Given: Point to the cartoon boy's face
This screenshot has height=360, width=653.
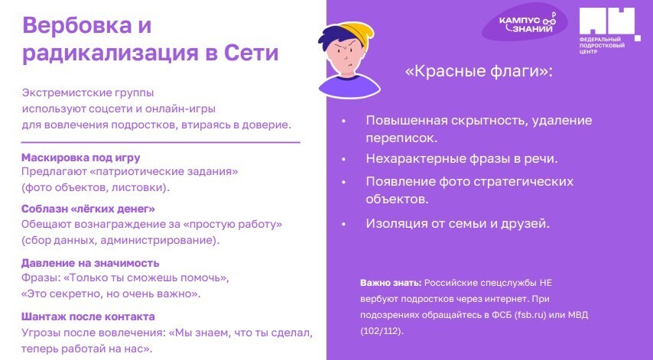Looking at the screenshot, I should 348,61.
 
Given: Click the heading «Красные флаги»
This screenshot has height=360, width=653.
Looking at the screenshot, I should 478,72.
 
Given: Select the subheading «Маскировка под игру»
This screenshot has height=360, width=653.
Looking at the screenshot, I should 81,157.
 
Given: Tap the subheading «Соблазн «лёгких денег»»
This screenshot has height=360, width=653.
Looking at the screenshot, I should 88,209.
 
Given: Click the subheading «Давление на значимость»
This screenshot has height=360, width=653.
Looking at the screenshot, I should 90,263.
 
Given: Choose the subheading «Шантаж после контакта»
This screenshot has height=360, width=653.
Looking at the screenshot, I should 88,316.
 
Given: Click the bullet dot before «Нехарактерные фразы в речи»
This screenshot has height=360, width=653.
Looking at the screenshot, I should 344,159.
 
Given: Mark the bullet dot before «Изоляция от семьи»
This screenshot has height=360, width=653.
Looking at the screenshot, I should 344,224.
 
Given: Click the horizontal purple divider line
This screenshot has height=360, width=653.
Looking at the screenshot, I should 161,142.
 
